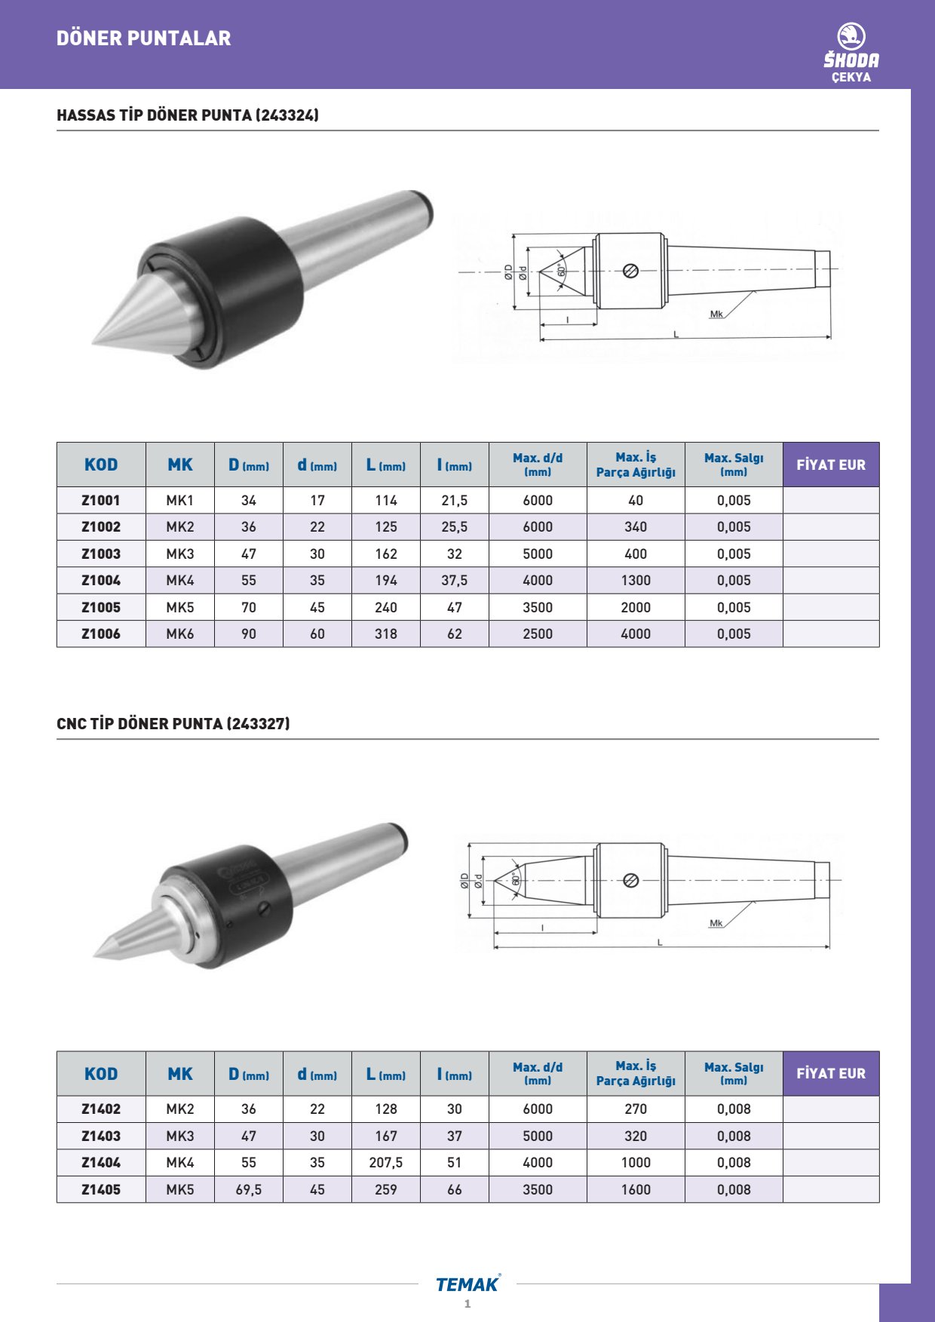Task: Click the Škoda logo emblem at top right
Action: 851,36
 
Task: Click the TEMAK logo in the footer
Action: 467,1284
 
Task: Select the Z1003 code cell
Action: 101,554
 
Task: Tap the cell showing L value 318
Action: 386,634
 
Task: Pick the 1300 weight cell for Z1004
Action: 636,581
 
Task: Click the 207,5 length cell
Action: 386,1163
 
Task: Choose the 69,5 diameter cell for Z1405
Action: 249,1189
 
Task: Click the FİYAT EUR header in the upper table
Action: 831,465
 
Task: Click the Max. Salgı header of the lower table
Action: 734,1073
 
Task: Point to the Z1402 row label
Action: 101,1109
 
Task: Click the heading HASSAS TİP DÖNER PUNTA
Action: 188,115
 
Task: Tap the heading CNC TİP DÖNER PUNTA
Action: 173,724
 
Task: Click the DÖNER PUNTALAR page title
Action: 144,38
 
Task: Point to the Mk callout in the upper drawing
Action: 716,314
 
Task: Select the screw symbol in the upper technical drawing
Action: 631,270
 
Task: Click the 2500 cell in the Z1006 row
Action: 538,634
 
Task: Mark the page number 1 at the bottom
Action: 467,1304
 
